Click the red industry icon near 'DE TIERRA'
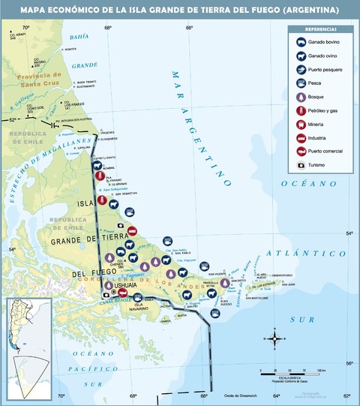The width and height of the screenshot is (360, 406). (132, 230)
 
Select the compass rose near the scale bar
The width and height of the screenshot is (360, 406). (276, 340)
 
